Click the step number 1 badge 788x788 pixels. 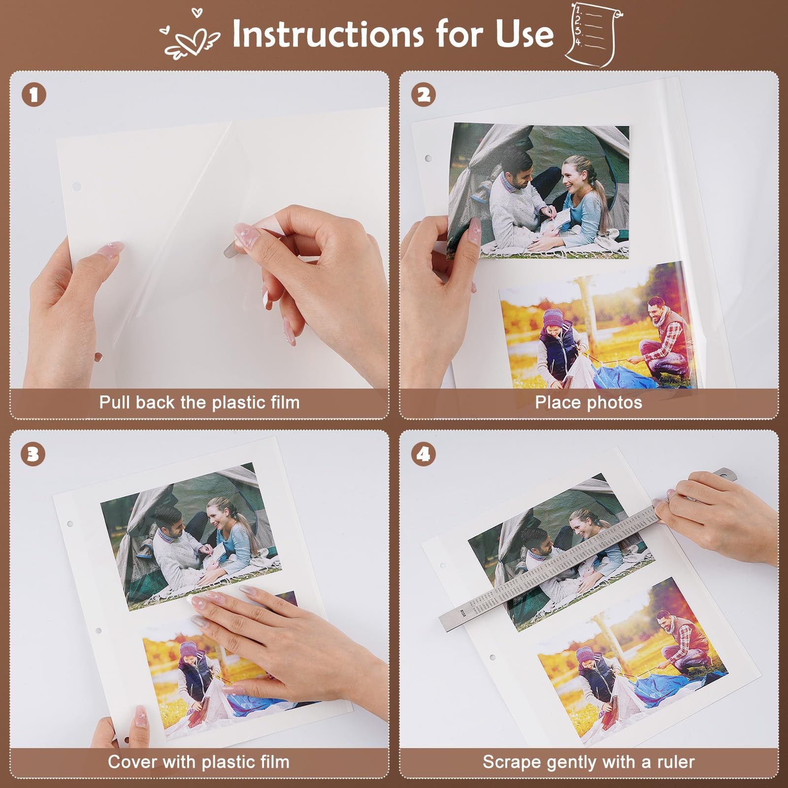[x=33, y=95]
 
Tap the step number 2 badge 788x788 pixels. [x=424, y=95]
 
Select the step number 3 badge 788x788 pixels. [x=33, y=454]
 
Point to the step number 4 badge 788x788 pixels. [x=424, y=454]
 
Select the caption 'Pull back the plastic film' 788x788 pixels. [x=199, y=402]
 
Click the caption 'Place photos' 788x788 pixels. [x=589, y=402]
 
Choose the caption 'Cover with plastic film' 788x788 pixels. [x=198, y=762]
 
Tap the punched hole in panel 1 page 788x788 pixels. [x=76, y=187]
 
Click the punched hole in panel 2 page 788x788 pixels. [x=428, y=159]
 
